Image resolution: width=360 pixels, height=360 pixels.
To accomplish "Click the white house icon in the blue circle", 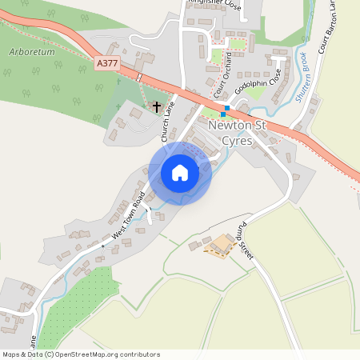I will point(180,173).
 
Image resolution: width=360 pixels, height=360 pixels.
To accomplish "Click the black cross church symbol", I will point(157,106).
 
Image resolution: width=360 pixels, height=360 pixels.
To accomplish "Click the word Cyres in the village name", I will point(238,140).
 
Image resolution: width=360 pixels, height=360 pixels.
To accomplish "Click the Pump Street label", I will point(244,241).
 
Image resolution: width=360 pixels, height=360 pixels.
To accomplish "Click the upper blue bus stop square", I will point(227,107).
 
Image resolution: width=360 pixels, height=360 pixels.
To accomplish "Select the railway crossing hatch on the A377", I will point(139,77).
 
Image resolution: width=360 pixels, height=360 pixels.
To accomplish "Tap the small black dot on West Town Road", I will point(102,246).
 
